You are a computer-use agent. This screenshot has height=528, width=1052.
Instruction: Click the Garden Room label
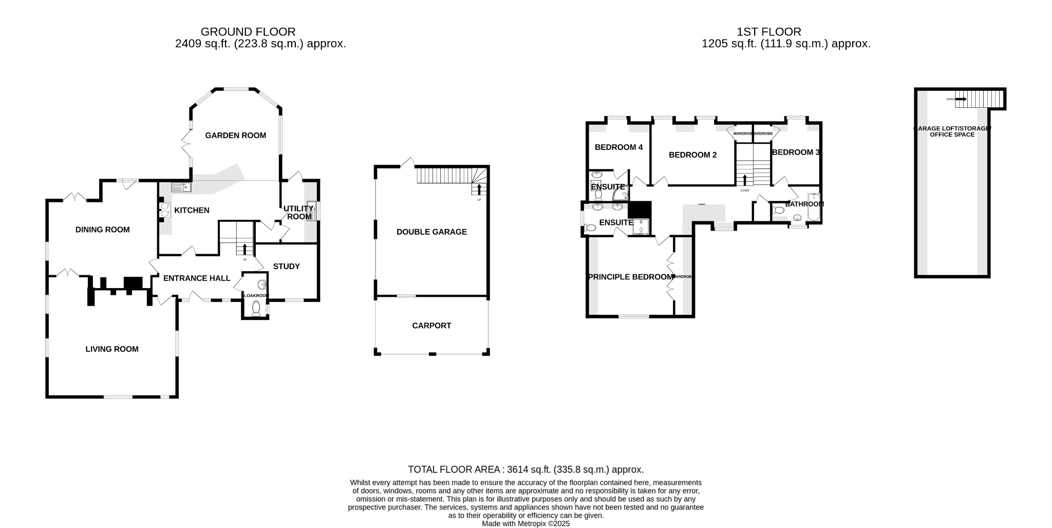click(235, 136)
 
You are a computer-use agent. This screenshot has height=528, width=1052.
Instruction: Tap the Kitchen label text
click(192, 210)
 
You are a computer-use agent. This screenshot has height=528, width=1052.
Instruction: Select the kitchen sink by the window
click(181, 187)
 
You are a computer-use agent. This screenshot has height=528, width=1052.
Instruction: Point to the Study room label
click(286, 267)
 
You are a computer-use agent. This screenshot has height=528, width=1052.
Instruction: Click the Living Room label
click(112, 349)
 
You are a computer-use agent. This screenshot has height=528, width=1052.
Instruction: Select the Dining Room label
click(102, 230)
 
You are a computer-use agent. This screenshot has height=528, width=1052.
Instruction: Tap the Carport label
click(431, 326)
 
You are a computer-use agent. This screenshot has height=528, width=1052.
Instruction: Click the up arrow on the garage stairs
click(479, 189)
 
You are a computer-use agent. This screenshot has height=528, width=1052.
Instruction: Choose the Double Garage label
click(431, 232)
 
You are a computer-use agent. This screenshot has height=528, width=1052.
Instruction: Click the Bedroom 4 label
click(618, 147)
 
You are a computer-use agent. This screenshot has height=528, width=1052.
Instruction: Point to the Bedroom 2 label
click(692, 155)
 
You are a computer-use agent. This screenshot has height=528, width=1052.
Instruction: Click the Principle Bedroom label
click(630, 277)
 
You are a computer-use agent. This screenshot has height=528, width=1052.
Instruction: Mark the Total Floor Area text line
click(525, 469)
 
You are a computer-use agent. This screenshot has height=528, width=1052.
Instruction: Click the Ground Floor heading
click(248, 32)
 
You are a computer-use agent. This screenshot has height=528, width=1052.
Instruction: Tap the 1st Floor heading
click(768, 32)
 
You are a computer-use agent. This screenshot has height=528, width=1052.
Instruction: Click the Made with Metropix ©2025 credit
click(525, 524)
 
